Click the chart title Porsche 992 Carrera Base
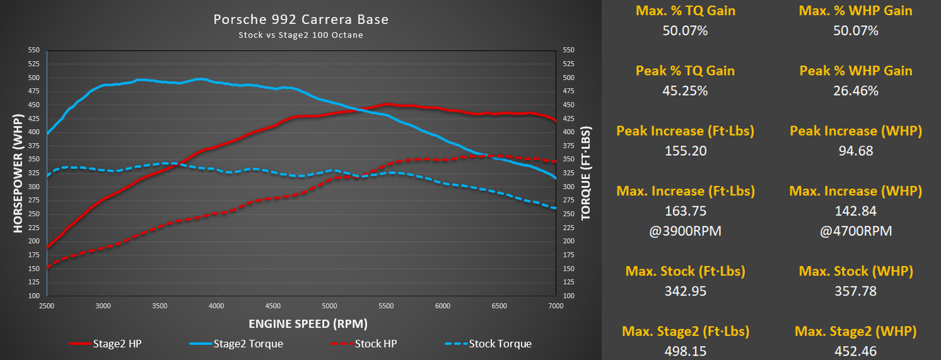tap(301, 20)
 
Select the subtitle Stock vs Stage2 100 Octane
tap(301, 35)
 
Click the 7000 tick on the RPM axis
tap(556, 306)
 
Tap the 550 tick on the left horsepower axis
tap(34, 50)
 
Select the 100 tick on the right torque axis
tap(568, 296)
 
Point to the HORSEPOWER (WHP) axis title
tap(17, 172)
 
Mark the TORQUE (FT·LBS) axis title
tap(586, 172)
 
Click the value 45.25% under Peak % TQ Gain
tap(685, 91)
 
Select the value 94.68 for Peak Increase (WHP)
tap(855, 151)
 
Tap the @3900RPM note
tap(685, 231)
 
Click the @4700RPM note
tap(855, 231)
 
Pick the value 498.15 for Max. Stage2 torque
tap(685, 351)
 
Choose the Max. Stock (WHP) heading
tap(855, 271)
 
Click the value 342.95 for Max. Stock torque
tap(685, 291)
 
